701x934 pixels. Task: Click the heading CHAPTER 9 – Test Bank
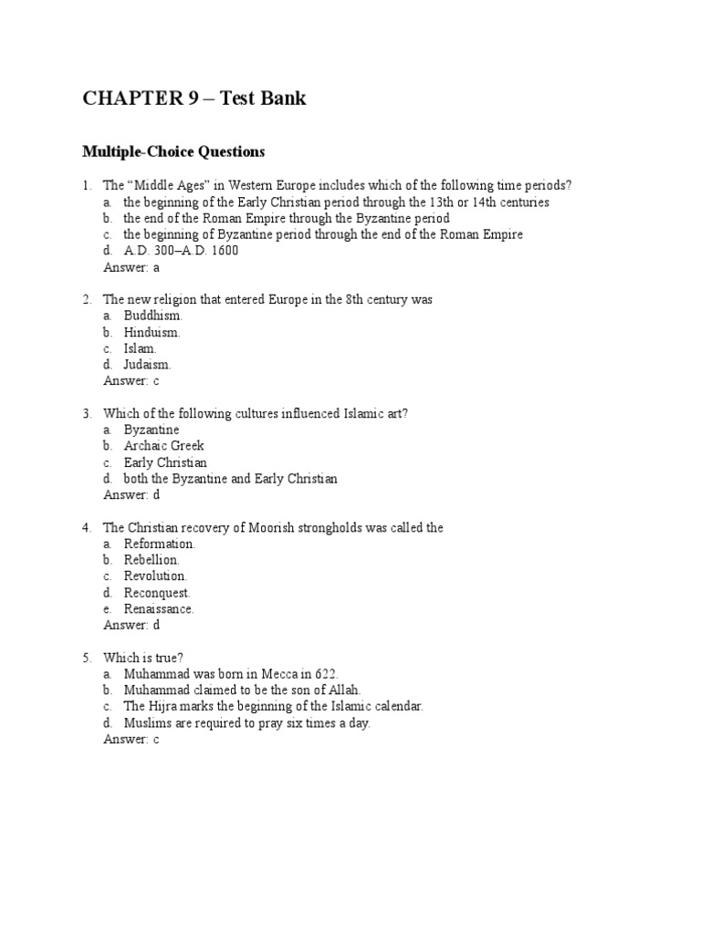click(x=194, y=99)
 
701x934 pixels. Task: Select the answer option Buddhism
click(x=153, y=316)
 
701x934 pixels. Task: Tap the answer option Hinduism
click(x=152, y=332)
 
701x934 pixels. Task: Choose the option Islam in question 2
click(x=141, y=348)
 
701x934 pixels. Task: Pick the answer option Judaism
click(x=148, y=365)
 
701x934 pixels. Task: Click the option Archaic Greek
click(x=164, y=446)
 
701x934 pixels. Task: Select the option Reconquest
click(x=157, y=593)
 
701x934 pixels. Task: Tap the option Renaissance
click(x=159, y=609)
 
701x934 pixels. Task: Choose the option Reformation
click(x=160, y=544)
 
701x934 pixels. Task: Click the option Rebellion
click(x=152, y=560)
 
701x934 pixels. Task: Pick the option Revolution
click(x=155, y=576)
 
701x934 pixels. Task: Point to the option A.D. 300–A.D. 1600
click(x=181, y=251)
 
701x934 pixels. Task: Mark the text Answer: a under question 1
click(x=131, y=267)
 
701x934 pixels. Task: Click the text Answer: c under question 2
click(x=131, y=381)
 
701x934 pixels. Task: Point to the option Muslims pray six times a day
click(x=246, y=723)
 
